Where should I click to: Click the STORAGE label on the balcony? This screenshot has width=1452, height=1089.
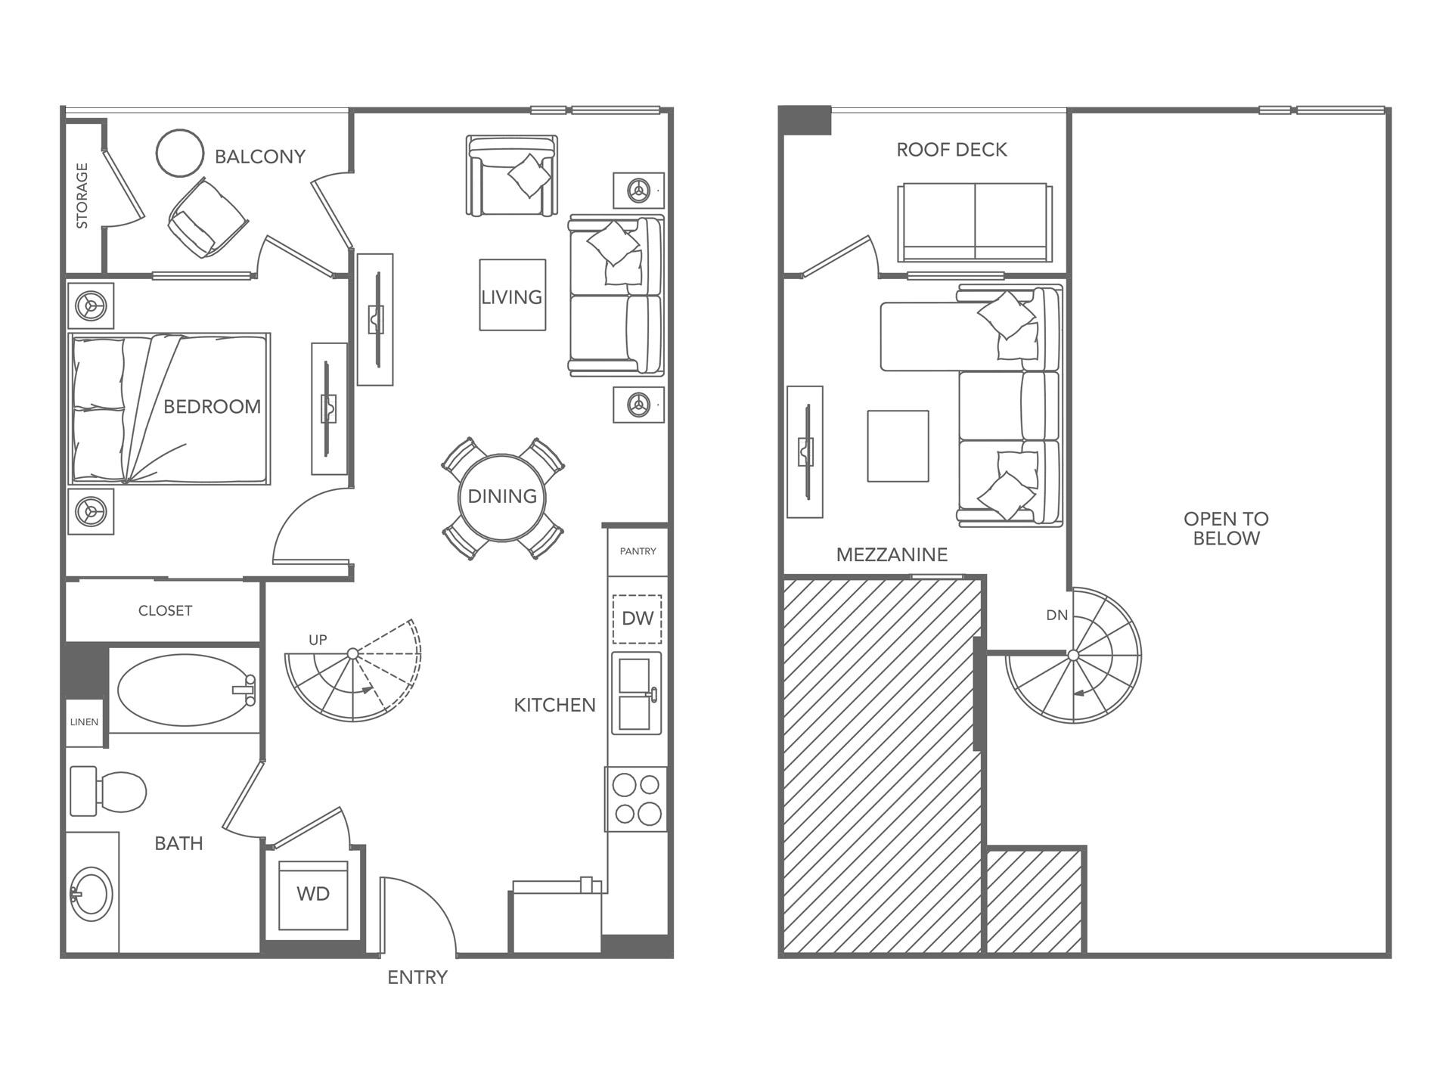[82, 195]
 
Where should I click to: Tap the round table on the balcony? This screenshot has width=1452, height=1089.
[180, 153]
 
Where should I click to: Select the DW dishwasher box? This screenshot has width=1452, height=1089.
[637, 619]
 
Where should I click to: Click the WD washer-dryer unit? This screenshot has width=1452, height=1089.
[313, 895]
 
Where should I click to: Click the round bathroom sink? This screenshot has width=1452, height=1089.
[92, 895]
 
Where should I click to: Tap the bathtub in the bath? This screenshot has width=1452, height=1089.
[186, 690]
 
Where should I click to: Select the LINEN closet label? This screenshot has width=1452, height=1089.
[84, 722]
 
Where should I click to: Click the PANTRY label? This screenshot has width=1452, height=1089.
[638, 551]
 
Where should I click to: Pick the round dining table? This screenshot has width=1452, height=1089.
[503, 498]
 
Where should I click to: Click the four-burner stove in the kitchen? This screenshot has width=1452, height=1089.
[636, 799]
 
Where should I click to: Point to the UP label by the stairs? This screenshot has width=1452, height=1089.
[318, 640]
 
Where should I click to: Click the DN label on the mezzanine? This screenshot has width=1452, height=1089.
[1057, 616]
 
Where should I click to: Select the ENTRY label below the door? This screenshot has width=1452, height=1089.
[417, 978]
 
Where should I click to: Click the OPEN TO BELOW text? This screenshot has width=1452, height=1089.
[1226, 529]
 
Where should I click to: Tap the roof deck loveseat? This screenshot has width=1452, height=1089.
[974, 223]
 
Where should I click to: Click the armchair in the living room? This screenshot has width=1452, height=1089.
[512, 176]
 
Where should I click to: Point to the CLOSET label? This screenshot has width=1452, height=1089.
[165, 610]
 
